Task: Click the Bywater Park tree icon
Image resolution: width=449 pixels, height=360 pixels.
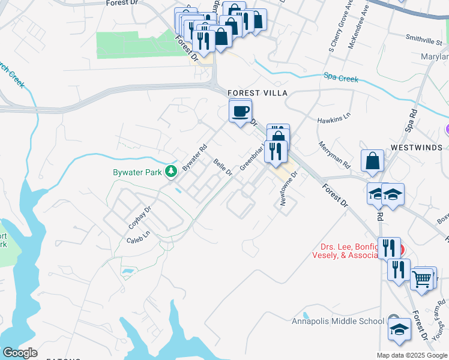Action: [171, 172]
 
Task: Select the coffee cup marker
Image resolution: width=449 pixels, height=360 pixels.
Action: [240, 112]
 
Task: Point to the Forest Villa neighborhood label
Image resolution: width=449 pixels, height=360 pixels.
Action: [258, 93]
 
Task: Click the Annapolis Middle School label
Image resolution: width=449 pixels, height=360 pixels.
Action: [338, 321]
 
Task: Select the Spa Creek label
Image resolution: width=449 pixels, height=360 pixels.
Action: [341, 79]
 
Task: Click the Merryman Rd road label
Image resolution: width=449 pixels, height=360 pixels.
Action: [334, 154]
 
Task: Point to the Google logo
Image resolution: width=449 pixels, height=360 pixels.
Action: [19, 353]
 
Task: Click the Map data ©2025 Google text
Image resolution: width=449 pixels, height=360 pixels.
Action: [411, 355]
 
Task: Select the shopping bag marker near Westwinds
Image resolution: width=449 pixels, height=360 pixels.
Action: [372, 160]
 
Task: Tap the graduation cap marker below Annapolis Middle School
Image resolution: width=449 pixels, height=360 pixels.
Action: [399, 329]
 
